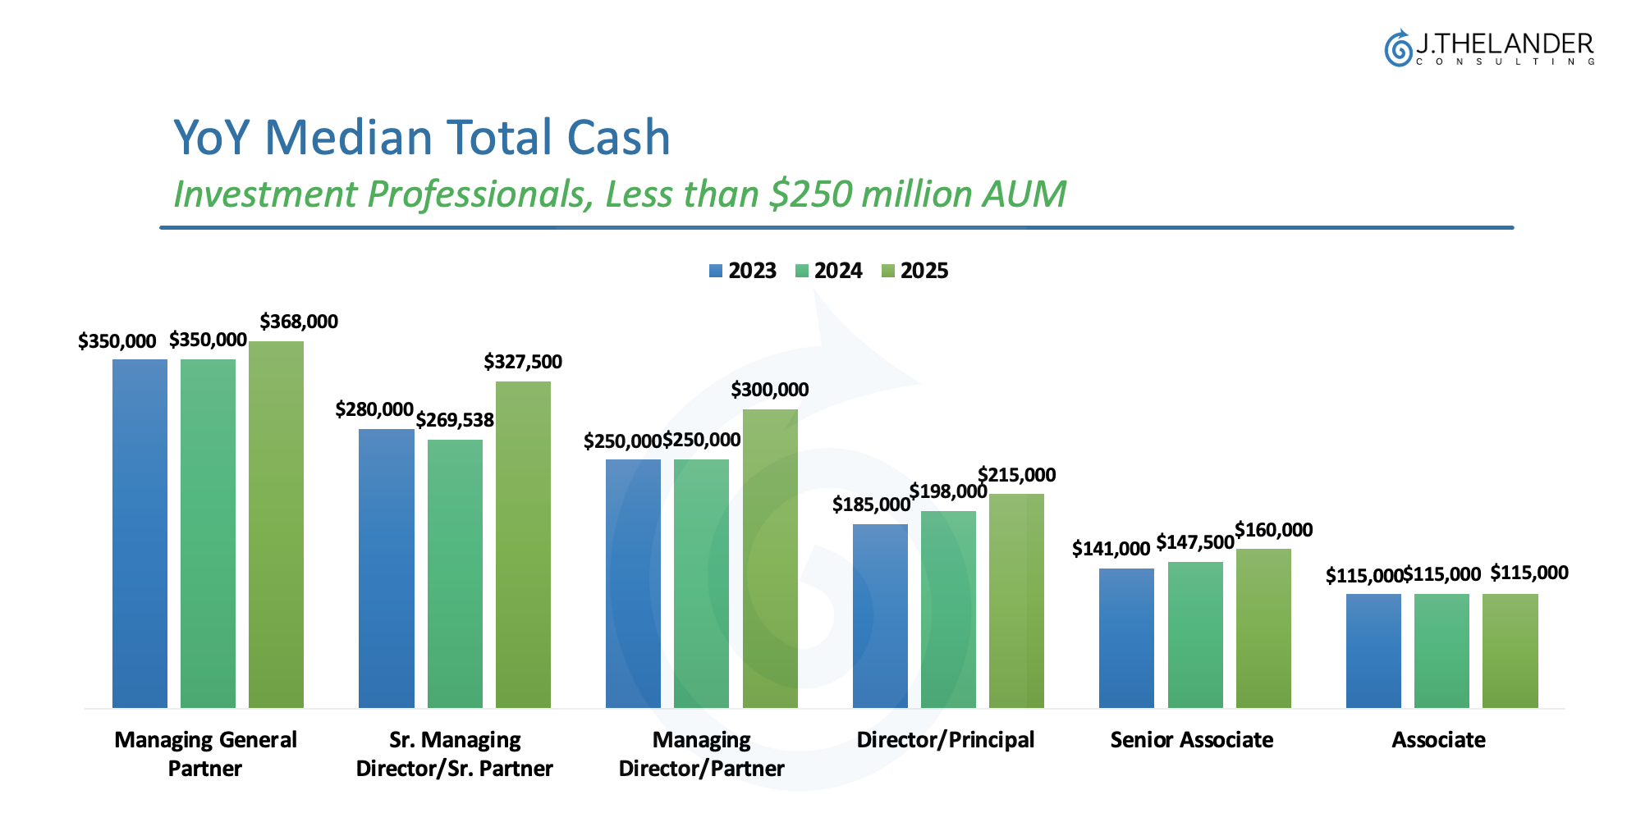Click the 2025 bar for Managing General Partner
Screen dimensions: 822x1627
[276, 524]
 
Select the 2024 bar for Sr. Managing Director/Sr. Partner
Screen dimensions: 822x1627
[455, 573]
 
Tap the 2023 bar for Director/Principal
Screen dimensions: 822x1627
[880, 615]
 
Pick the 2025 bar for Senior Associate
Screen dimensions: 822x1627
[1263, 628]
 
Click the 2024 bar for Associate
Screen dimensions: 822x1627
[1441, 651]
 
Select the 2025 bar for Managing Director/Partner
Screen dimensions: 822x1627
[770, 558]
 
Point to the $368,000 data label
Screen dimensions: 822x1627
[299, 322]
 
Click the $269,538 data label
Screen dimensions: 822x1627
[455, 420]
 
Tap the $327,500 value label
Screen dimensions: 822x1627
[523, 362]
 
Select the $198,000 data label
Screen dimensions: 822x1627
[947, 491]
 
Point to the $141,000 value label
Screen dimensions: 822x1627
[1111, 549]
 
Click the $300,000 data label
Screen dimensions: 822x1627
[770, 390]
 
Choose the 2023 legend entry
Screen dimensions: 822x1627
[743, 271]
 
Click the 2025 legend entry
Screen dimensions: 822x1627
[914, 271]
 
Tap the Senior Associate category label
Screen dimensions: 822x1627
[1191, 740]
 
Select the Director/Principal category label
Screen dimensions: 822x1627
[945, 740]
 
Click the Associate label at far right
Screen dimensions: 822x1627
[1438, 740]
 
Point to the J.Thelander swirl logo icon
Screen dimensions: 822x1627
[1397, 48]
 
